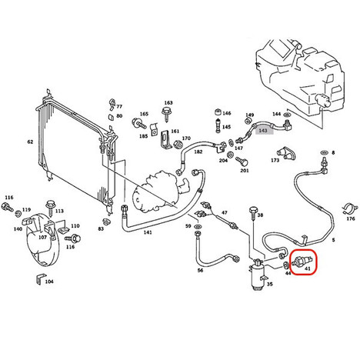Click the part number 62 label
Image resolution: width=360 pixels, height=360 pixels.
click(30, 142)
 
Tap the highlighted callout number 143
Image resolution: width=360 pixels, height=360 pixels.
click(263, 131)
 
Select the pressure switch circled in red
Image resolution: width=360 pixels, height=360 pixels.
click(302, 262)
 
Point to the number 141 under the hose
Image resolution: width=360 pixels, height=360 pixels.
click(148, 232)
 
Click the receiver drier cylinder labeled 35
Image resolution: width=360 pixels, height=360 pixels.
click(258, 276)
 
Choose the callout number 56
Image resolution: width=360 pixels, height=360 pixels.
click(200, 270)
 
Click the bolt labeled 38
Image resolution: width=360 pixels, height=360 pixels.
click(253, 213)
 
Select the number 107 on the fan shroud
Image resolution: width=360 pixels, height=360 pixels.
click(42, 238)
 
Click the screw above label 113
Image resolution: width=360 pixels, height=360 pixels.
click(51, 207)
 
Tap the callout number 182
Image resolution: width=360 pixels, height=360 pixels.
click(198, 152)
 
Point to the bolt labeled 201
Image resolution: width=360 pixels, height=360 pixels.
click(242, 161)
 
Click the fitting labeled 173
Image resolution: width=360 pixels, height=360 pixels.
click(286, 152)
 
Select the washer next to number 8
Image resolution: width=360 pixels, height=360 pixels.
click(324, 152)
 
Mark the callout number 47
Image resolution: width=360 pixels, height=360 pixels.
click(225, 212)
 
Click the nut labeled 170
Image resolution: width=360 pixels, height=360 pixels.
click(178, 144)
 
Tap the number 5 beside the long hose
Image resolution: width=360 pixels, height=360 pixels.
click(333, 240)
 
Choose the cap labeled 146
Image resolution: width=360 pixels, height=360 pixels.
click(218, 112)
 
